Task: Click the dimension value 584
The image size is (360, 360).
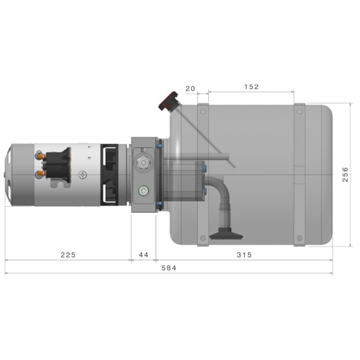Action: coord(169,268)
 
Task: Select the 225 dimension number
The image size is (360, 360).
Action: coord(68,254)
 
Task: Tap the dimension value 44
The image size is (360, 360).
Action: coord(143,254)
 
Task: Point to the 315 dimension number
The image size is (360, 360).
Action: coord(244,254)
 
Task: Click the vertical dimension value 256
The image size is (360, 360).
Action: coord(345,174)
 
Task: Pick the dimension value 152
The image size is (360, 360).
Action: coord(251,87)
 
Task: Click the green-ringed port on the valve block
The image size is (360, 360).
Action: coord(143,191)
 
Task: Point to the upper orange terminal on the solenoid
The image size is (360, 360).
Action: coord(40,155)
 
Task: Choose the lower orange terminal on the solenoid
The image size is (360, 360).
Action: coord(40,173)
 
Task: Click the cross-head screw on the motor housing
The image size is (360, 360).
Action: coord(82,176)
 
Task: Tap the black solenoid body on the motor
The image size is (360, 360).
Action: coord(57,164)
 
